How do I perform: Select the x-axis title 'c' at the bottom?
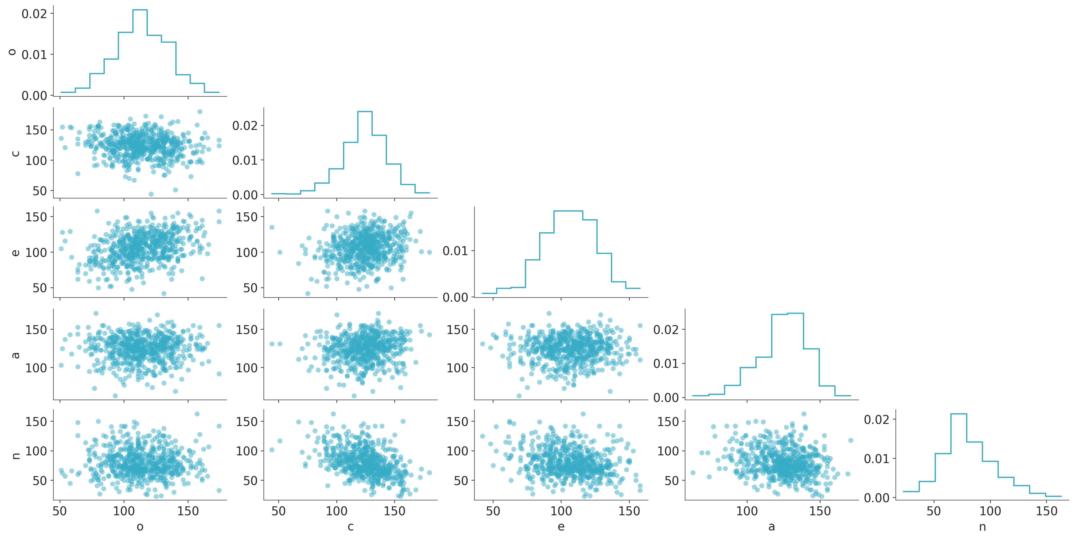click(x=350, y=527)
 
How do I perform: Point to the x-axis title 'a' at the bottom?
click(x=772, y=527)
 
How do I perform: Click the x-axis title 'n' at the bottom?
click(x=982, y=527)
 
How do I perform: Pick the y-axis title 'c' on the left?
click(x=15, y=153)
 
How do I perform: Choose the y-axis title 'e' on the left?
click(x=15, y=252)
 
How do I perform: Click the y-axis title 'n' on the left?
click(x=15, y=455)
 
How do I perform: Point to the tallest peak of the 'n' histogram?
click(x=959, y=414)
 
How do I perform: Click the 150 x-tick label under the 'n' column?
click(x=1047, y=511)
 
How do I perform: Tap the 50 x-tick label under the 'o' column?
click(x=60, y=511)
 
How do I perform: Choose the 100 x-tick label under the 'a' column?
click(x=747, y=511)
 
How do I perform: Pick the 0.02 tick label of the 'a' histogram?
click(x=666, y=330)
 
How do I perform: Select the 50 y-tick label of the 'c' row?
click(x=40, y=191)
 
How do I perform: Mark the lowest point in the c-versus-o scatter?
click(x=151, y=194)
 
